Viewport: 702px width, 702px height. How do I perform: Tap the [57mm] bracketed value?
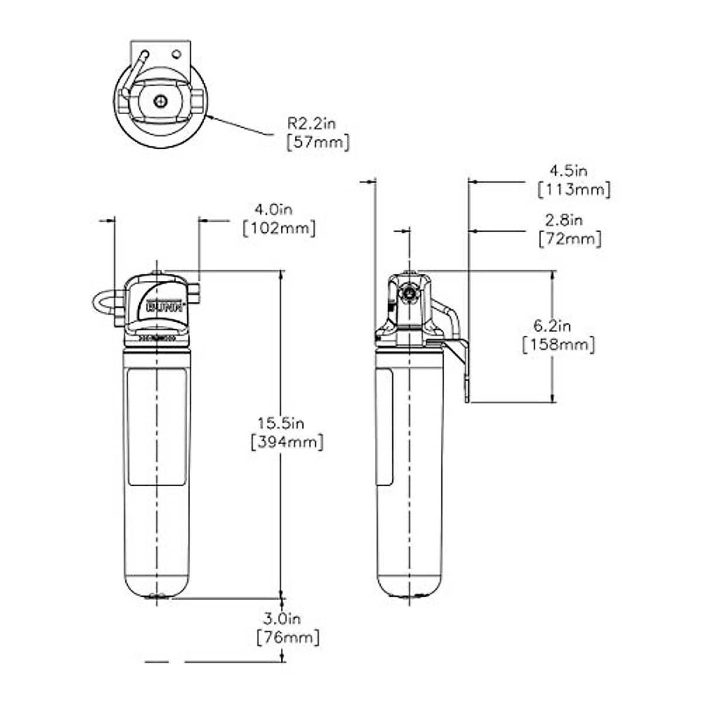pyautogui.click(x=318, y=142)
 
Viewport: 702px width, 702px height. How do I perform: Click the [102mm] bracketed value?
pyautogui.click(x=279, y=228)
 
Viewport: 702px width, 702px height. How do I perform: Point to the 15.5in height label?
pyautogui.click(x=283, y=422)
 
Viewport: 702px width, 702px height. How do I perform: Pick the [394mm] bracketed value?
pyautogui.click(x=287, y=442)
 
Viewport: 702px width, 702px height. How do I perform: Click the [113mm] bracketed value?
pyautogui.click(x=574, y=190)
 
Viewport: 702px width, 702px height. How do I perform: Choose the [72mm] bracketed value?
pyautogui.click(x=569, y=239)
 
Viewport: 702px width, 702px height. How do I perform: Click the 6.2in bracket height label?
pyautogui.click(x=552, y=325)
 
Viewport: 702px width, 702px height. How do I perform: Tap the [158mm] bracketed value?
pyautogui.click(x=558, y=345)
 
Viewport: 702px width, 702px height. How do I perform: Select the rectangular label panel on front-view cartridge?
pyautogui.click(x=157, y=427)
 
